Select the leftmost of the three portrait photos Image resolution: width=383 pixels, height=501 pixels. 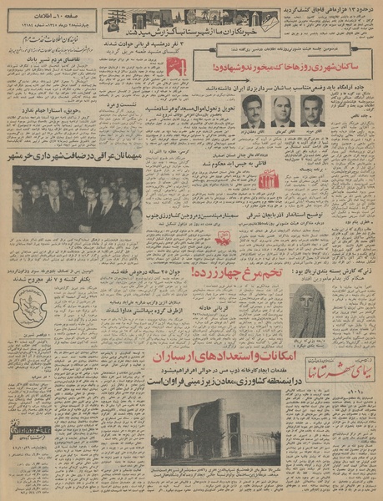[x=251, y=111]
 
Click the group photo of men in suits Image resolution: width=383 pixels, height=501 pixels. [x=78, y=197]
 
